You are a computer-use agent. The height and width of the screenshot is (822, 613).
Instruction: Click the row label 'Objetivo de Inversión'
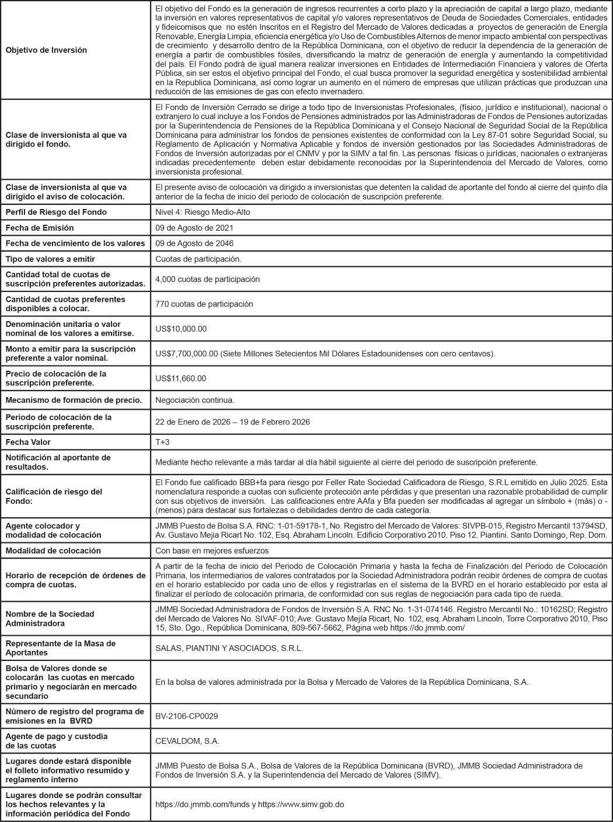46,50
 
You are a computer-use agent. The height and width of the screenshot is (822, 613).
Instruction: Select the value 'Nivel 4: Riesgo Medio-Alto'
203,212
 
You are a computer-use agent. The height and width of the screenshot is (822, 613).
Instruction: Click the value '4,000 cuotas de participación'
207,279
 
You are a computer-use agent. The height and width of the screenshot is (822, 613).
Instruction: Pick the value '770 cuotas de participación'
204,304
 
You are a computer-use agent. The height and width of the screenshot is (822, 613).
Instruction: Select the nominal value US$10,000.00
181,329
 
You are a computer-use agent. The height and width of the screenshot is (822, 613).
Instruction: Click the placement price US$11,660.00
180,378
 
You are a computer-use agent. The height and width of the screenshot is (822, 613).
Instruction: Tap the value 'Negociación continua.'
194,400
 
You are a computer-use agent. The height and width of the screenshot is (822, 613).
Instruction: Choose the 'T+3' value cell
162,442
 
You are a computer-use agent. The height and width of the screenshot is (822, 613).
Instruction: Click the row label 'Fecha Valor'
28,442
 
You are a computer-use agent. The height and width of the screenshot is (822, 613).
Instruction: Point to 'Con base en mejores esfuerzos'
212,551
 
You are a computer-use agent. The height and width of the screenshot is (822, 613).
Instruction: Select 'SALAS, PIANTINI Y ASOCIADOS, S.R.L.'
229,648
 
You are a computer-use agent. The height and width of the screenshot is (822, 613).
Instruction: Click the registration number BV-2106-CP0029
186,716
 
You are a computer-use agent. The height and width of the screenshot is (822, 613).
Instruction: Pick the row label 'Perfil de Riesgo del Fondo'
56,212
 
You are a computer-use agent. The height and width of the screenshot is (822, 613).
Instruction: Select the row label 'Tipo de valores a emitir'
50,259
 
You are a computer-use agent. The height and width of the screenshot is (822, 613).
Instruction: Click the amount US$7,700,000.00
187,354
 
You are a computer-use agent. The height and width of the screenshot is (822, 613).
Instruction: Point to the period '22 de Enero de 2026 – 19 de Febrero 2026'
232,422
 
